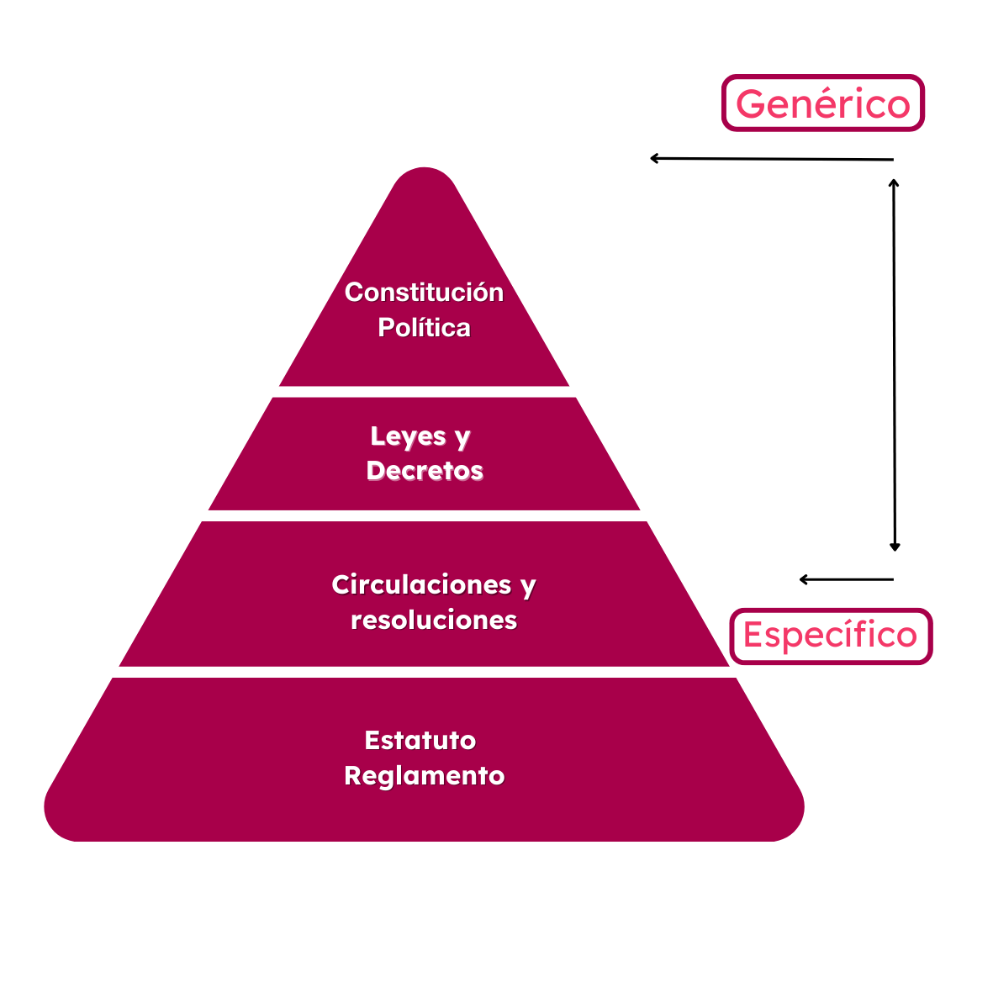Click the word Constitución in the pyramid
(424, 293)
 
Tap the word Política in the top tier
(424, 327)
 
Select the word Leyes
(408, 436)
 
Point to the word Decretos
(425, 470)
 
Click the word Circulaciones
(421, 584)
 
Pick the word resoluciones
(434, 620)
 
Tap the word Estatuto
(420, 740)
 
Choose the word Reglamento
(425, 775)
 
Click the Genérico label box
(822, 103)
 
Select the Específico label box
(830, 636)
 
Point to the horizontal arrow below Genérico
(771, 158)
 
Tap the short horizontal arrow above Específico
(846, 579)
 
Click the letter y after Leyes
(462, 438)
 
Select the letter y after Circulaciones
(528, 586)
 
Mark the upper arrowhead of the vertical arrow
(894, 182)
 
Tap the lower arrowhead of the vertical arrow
(895, 547)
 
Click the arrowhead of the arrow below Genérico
(654, 158)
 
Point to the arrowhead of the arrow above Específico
(804, 579)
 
